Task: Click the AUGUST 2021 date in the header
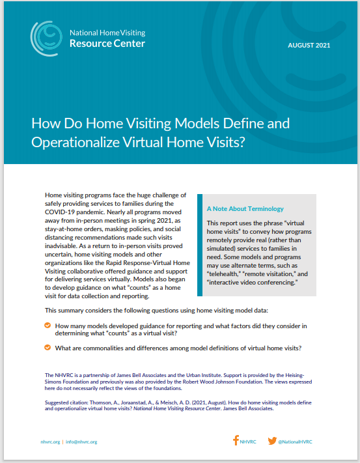coord(309,45)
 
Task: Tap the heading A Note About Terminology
coord(245,209)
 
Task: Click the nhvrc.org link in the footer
coord(49,442)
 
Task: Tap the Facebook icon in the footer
coord(236,440)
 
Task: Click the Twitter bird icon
coord(272,441)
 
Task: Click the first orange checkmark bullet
coord(48,325)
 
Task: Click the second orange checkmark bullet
coord(48,348)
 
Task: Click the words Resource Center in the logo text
coord(107,44)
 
